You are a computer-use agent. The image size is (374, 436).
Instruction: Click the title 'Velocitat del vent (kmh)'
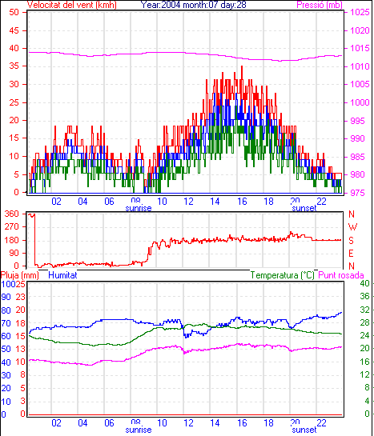point(72,5)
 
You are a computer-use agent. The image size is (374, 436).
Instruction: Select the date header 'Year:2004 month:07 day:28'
point(193,5)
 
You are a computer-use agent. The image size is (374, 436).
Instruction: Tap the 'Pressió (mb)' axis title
point(320,5)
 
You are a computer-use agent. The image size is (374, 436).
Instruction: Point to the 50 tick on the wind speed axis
point(14,12)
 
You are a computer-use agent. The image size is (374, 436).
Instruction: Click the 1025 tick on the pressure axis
point(360,12)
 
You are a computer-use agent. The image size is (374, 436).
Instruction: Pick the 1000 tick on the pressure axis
point(360,102)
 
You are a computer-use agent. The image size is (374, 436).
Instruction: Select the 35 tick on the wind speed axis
point(14,66)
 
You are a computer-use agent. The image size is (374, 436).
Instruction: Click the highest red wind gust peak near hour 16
point(242,66)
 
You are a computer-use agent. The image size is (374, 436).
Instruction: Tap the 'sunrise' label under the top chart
point(139,208)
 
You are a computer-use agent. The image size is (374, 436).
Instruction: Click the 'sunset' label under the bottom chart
point(304,430)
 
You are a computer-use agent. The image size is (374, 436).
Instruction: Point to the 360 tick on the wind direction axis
point(12,214)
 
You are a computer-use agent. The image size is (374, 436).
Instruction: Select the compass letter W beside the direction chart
point(352,227)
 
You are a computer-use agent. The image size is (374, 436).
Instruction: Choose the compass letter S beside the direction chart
point(352,240)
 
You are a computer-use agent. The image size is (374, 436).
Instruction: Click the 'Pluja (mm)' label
point(20,275)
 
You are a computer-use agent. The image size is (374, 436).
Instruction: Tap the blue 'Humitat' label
point(62,275)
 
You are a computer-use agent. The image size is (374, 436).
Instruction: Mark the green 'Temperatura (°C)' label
point(283,275)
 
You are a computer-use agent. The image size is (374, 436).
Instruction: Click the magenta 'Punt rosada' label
point(341,275)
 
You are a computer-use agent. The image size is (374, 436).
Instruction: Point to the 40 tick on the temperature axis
point(365,283)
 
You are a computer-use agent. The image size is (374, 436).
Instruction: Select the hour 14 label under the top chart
point(215,201)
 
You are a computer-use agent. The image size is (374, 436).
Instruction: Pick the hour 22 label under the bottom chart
point(321,422)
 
